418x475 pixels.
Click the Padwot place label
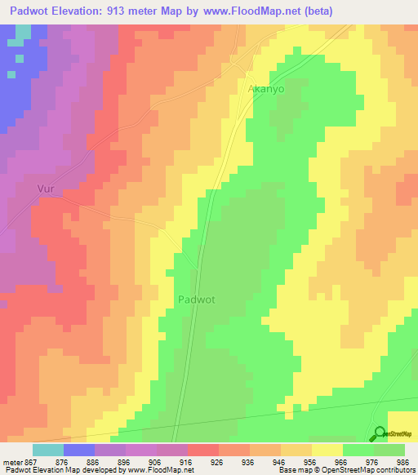pyautogui.click(x=196, y=300)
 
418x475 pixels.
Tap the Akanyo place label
pyautogui.click(x=265, y=90)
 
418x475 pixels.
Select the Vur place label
pyautogui.click(x=48, y=189)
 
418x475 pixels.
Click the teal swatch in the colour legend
pyautogui.click(x=48, y=450)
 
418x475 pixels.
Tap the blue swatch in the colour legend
pyautogui.click(x=79, y=450)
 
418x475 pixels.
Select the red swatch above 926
pyautogui.click(x=203, y=450)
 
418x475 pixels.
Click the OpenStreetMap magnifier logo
pyautogui.click(x=379, y=434)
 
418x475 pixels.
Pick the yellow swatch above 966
pyautogui.click(x=327, y=450)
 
